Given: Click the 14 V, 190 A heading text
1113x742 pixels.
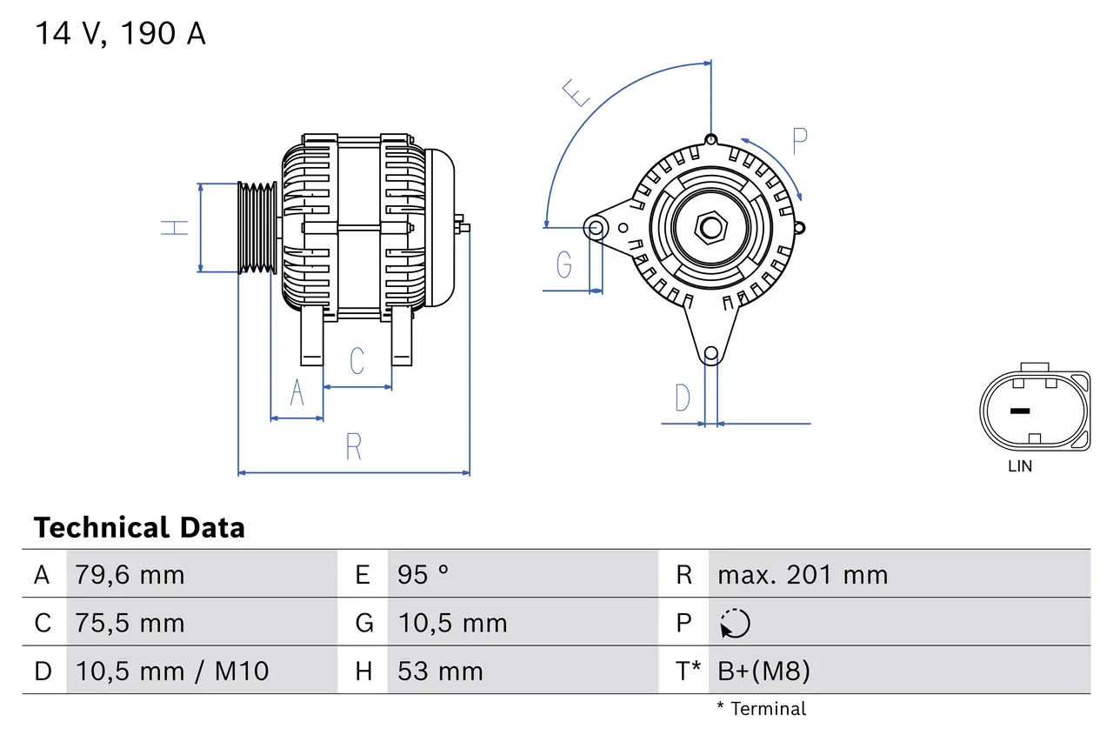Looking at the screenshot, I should (120, 34).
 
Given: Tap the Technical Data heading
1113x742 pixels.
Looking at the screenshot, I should (139, 528).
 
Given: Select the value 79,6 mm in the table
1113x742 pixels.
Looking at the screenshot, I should (130, 575).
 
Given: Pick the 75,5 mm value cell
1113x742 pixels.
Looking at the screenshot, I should (130, 623).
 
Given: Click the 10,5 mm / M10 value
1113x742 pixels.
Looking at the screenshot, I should (172, 671).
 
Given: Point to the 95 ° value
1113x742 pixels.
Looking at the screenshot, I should (423, 575).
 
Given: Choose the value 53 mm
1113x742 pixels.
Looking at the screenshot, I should (440, 671).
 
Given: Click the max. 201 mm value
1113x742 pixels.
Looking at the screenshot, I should (802, 575).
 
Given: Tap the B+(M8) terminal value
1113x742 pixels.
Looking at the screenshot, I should (763, 671).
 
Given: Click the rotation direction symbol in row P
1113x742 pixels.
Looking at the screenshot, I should (735, 624).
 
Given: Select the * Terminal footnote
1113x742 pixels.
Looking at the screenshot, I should (761, 709).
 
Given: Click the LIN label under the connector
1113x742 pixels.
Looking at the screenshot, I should (1020, 466).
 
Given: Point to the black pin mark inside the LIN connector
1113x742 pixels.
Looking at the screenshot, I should (1019, 411).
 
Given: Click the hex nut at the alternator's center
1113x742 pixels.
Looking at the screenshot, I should (711, 228).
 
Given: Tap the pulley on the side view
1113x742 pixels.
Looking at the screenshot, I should (257, 228).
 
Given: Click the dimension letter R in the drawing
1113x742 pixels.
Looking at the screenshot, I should (353, 446).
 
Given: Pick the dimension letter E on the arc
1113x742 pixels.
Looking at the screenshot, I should (576, 92).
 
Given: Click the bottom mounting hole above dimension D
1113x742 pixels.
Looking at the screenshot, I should (711, 353).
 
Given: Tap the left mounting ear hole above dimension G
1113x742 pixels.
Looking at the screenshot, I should (596, 229).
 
